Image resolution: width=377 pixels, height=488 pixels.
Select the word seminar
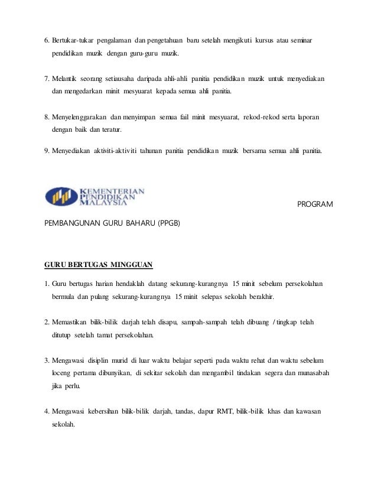tap(300, 40)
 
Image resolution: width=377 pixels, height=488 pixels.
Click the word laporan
tap(307, 119)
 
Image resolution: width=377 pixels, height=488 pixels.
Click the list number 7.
tap(47, 79)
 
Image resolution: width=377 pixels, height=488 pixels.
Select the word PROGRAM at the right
tap(314, 204)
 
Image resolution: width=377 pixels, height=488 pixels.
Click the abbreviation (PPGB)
tap(165, 224)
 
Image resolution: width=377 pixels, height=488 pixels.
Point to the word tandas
tap(173, 411)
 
